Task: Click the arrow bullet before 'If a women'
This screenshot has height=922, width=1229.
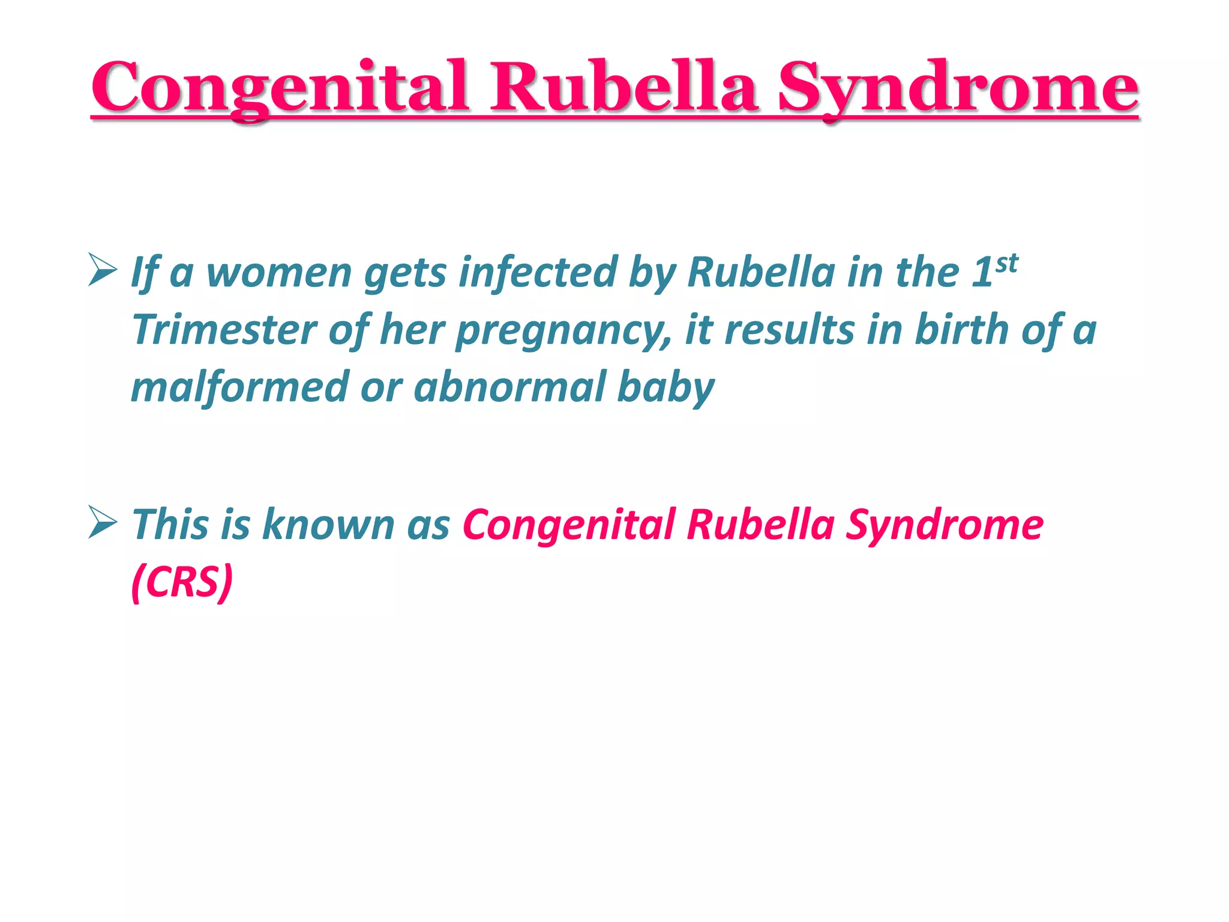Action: pyautogui.click(x=102, y=270)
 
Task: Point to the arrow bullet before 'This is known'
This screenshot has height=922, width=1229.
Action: pyautogui.click(x=102, y=522)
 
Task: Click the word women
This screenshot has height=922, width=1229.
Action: pyautogui.click(x=278, y=273)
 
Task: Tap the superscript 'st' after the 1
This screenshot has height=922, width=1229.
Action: pyautogui.click(x=1006, y=263)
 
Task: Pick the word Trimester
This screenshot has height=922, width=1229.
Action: pyautogui.click(x=224, y=330)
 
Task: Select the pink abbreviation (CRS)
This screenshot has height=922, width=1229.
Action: pyautogui.click(x=182, y=582)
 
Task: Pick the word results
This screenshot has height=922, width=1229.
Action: pyautogui.click(x=789, y=330)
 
